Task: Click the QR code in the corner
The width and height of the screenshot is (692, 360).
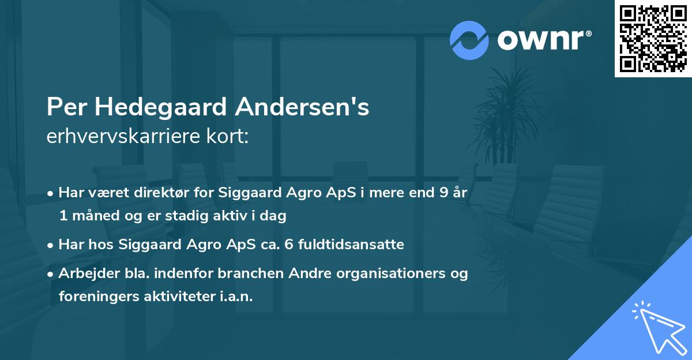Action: (653, 39)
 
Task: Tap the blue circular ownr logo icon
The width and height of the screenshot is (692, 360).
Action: (469, 40)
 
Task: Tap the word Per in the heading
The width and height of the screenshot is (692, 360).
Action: (64, 107)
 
